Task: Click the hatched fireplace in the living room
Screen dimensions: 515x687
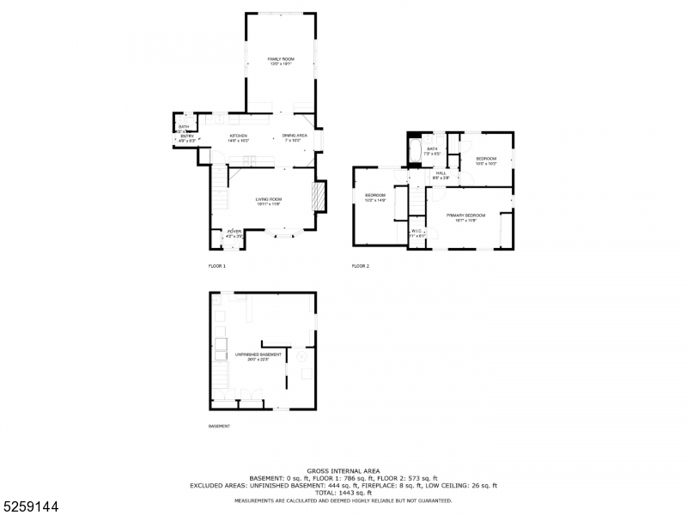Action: point(320,197)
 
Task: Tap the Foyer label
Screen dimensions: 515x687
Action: point(234,233)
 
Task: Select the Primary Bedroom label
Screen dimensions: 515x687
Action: point(465,216)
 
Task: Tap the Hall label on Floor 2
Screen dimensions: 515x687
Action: point(441,174)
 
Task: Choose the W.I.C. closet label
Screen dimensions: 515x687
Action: point(416,232)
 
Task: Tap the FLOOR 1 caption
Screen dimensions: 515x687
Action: point(217,266)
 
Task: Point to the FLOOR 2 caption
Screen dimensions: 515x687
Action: point(361,266)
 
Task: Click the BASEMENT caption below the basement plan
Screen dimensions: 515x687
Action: point(219,427)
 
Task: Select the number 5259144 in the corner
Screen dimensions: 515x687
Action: point(31,506)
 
